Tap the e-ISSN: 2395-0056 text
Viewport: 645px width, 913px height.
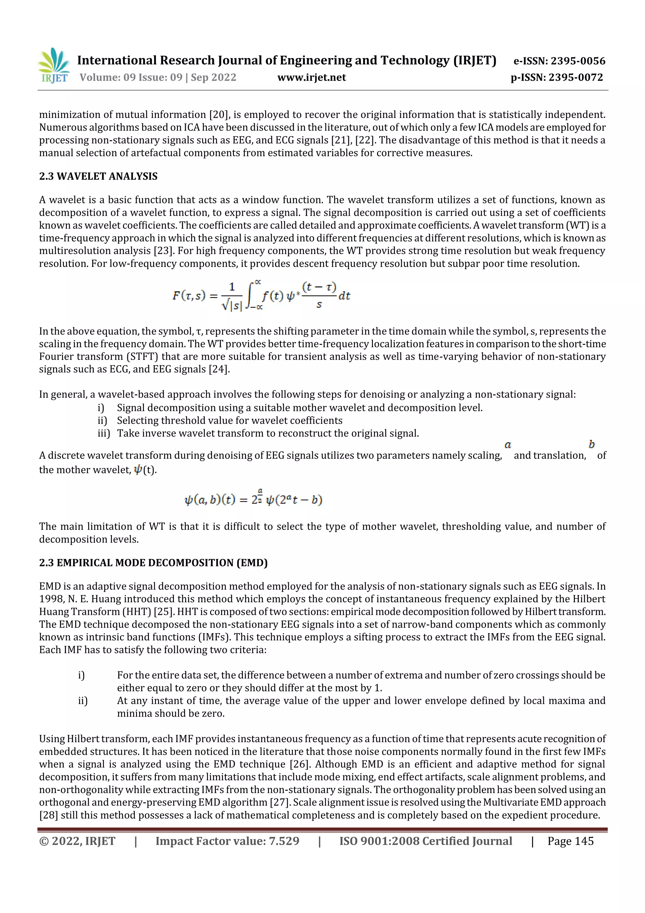559,61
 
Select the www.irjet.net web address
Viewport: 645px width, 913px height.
311,78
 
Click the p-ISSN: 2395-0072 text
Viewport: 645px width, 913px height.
557,78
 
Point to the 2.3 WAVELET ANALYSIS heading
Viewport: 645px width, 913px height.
98,176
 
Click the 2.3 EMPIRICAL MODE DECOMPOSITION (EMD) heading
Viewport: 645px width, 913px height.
153,563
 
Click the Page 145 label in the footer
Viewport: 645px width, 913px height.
570,841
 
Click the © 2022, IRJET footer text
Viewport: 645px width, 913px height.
77,841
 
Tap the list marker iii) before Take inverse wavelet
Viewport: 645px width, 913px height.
104,433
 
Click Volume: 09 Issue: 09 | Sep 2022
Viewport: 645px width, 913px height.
158,78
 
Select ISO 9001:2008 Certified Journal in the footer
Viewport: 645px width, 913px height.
425,841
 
